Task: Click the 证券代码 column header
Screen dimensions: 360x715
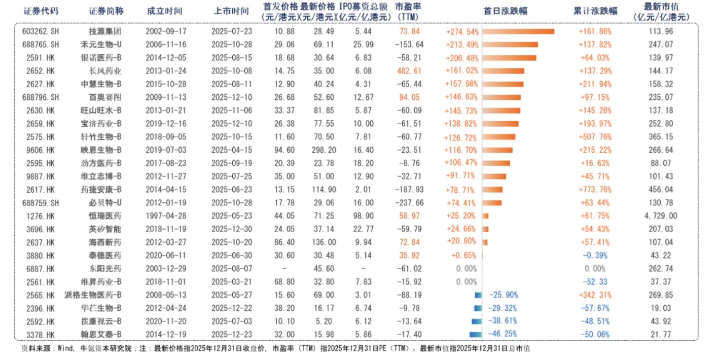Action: click(x=40, y=11)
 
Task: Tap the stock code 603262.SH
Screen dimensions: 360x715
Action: click(x=41, y=31)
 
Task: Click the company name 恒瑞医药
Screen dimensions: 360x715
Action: click(x=105, y=216)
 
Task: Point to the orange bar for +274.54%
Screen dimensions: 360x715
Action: click(x=518, y=31)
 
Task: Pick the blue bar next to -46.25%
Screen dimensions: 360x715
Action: click(x=475, y=334)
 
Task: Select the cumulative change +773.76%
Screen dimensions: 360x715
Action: click(x=595, y=190)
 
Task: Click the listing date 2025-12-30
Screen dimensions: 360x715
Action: click(x=231, y=229)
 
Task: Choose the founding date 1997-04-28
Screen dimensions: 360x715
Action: click(x=163, y=216)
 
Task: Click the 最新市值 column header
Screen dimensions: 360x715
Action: click(x=661, y=11)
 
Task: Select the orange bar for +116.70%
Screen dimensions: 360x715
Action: click(x=497, y=150)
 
